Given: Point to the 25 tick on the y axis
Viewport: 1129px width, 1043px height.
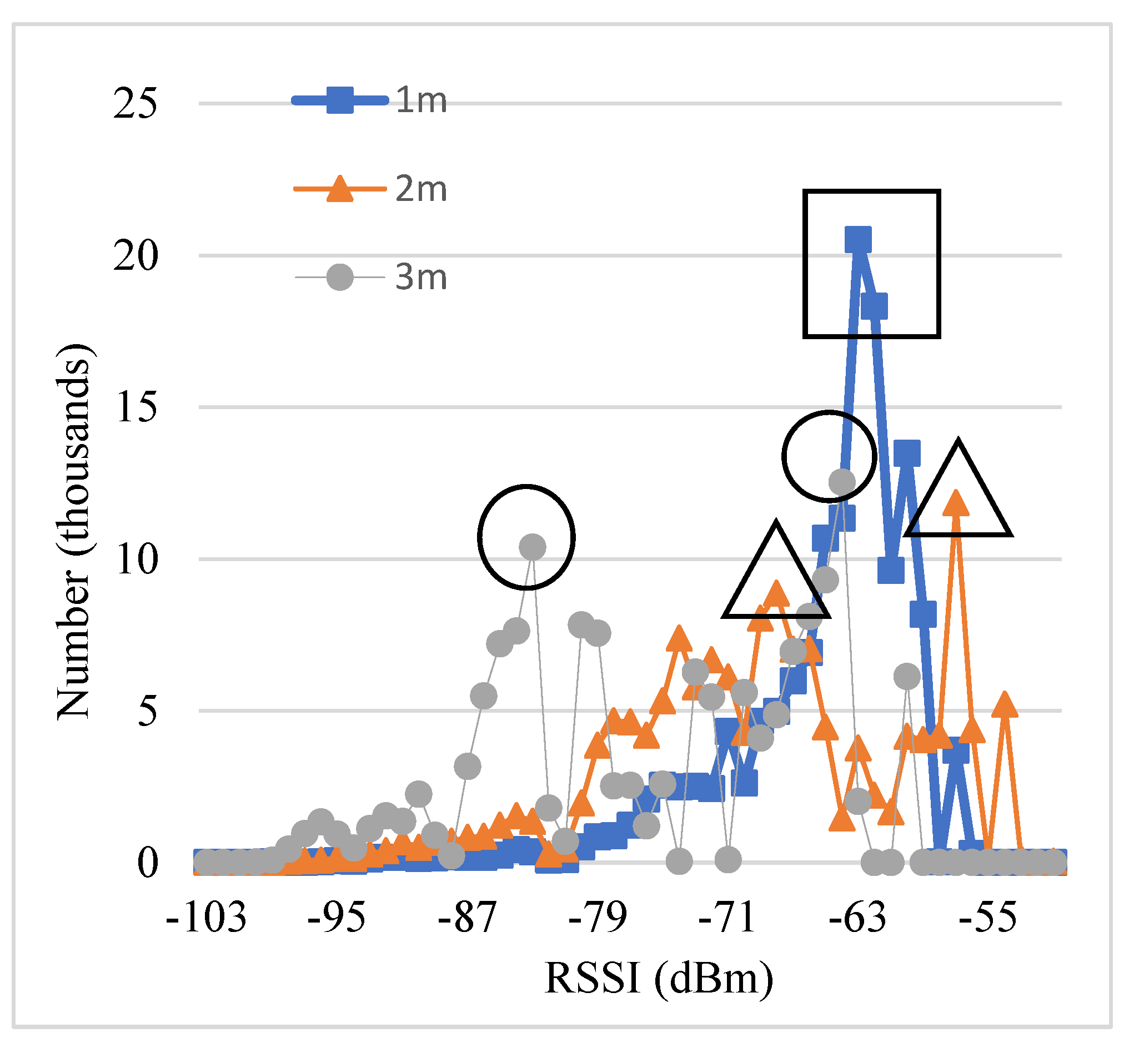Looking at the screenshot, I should pos(136,104).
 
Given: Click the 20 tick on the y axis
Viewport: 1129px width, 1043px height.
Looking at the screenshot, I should pos(136,256).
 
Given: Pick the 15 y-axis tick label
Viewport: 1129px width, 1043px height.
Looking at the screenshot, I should pos(136,407).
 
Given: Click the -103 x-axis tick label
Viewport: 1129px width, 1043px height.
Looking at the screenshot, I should pos(206,918).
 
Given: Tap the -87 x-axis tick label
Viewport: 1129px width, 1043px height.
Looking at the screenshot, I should pos(468,918).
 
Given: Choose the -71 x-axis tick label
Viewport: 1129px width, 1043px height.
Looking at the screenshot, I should pos(727,918).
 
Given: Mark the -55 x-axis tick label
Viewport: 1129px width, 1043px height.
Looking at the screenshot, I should pos(988,918).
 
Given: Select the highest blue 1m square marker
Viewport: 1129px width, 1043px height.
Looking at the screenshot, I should pos(858,240).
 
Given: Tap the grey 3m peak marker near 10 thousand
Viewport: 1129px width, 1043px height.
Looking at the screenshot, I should pos(532,547).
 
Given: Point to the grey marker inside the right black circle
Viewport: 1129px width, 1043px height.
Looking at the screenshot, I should pos(842,481).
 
